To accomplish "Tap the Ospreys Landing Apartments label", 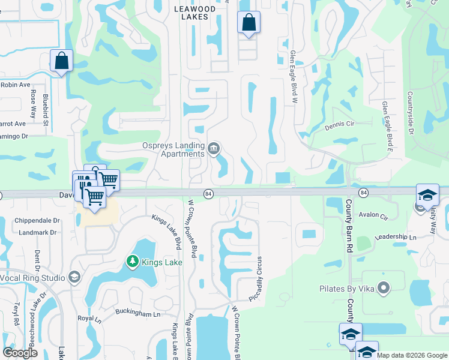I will coord(173,149).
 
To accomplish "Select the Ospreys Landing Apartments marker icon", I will coord(214,148).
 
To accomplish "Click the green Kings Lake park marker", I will coord(132,262).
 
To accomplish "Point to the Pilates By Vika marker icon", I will coord(384,289).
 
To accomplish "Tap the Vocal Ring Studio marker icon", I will coord(74,277).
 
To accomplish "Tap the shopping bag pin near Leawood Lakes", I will coord(249,23).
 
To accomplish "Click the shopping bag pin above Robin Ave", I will coord(61,61).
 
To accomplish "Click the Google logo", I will coord(20,353).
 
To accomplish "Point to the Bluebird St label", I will coord(46,109).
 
